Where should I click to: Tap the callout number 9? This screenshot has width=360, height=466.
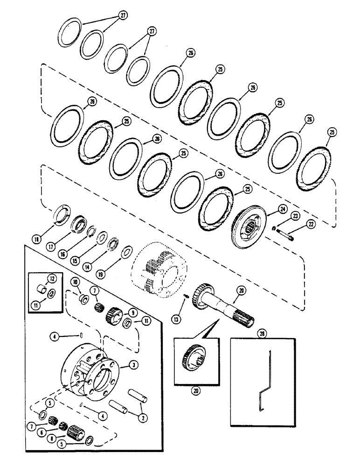click(121, 313)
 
